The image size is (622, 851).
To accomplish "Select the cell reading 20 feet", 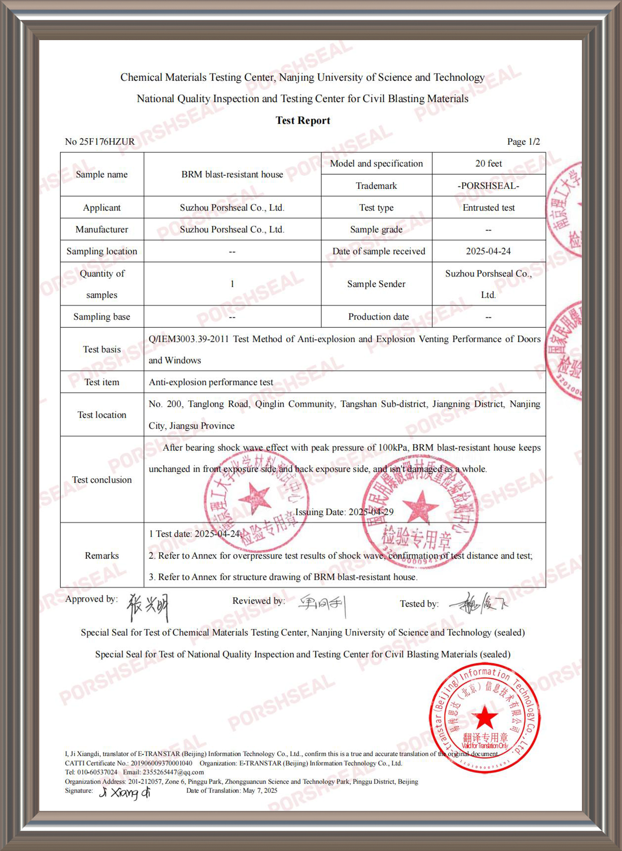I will pyautogui.click(x=488, y=164).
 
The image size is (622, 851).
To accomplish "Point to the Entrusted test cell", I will pyautogui.click(x=488, y=208).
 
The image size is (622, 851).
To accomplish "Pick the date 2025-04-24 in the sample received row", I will pyautogui.click(x=488, y=251).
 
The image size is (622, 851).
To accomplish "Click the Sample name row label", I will pyautogui.click(x=102, y=174).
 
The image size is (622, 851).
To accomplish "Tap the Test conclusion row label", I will pyautogui.click(x=102, y=480).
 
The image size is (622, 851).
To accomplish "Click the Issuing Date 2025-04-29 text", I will pyautogui.click(x=344, y=512).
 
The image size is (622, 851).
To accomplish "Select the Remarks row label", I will pyautogui.click(x=102, y=556).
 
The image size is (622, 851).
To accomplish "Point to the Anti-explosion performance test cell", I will pyautogui.click(x=211, y=382).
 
